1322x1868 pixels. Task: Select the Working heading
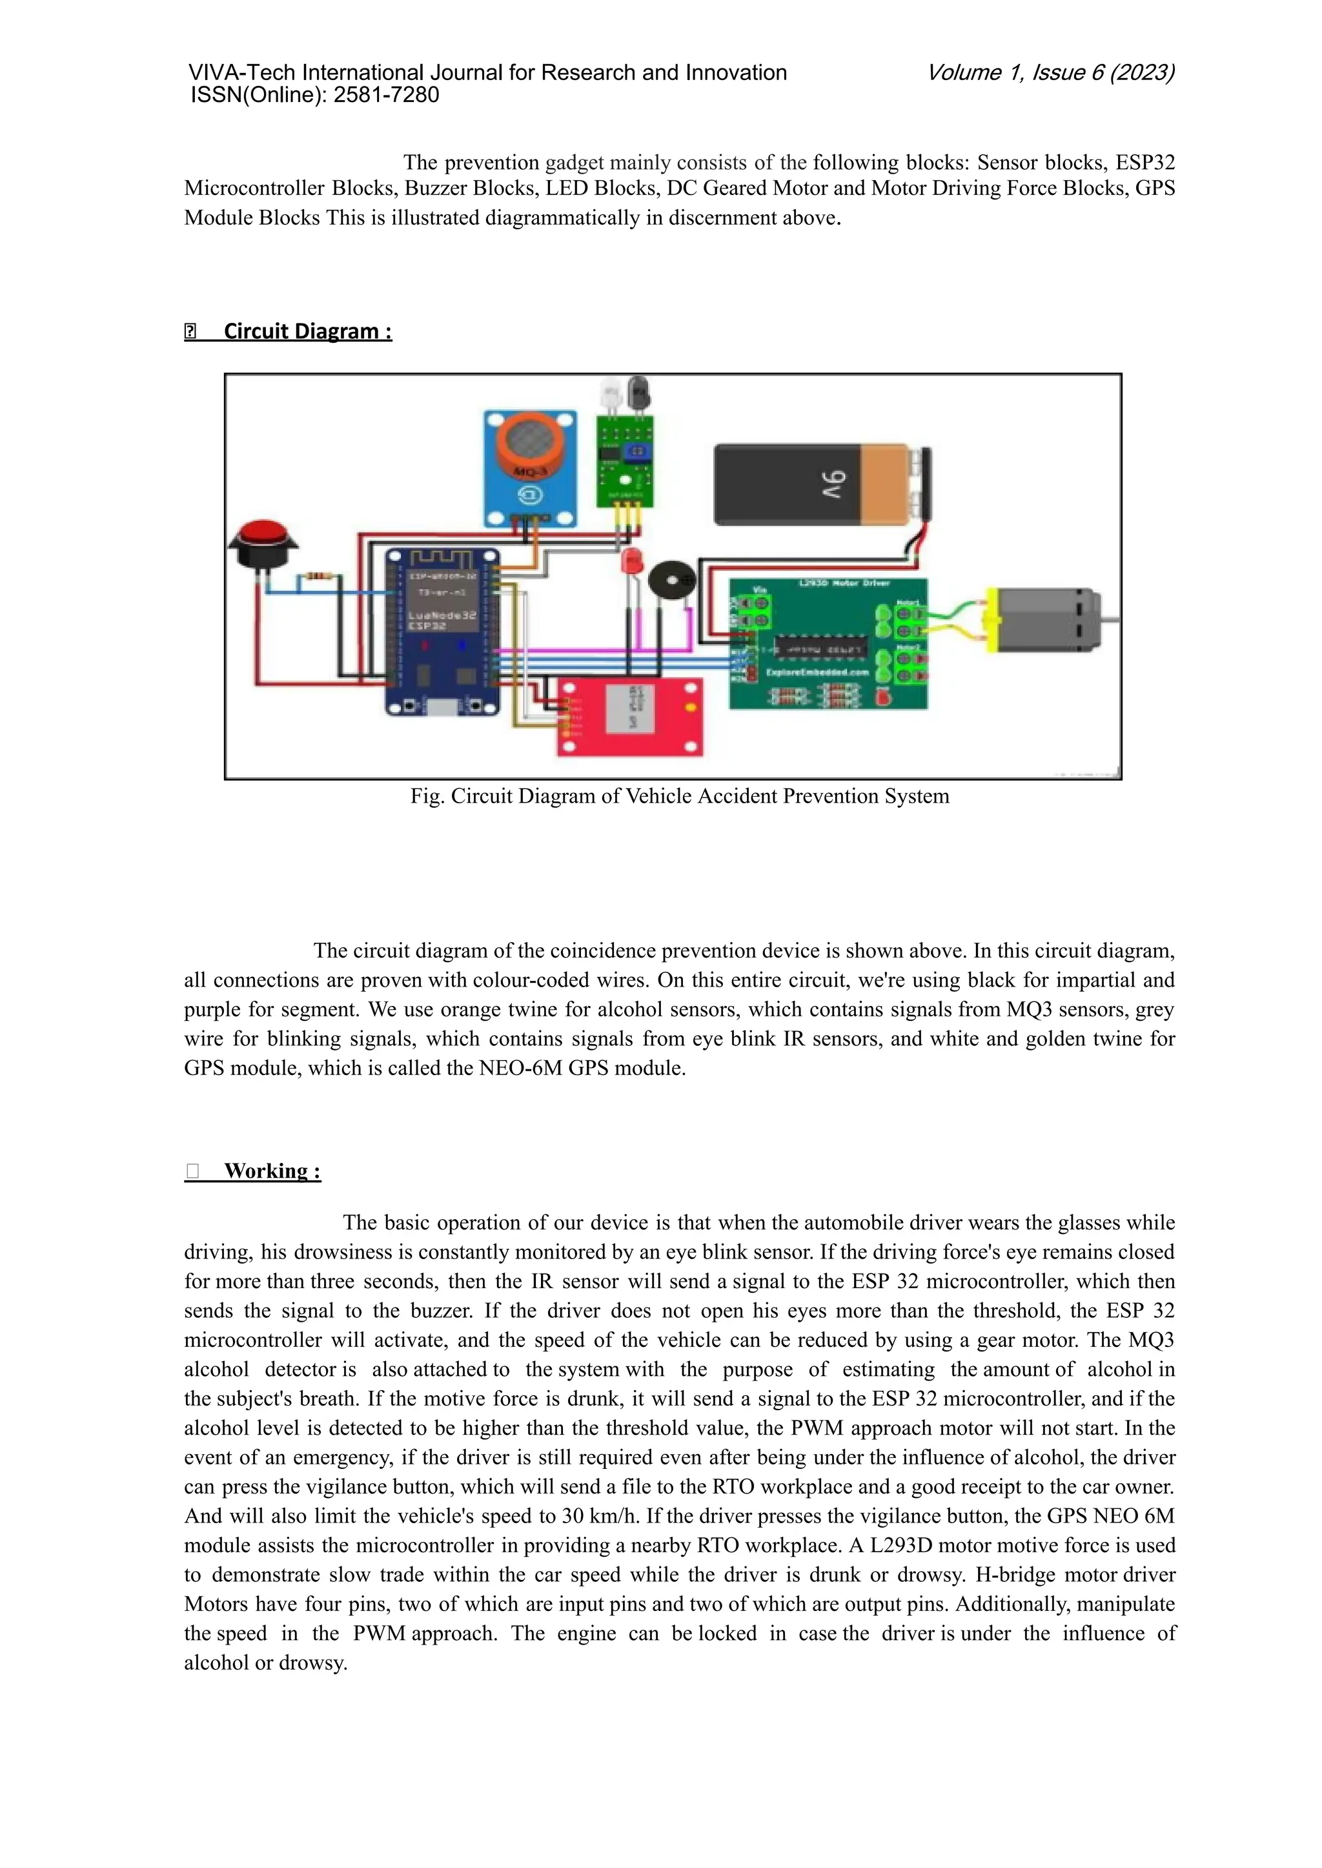(272, 1170)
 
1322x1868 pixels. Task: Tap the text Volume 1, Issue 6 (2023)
(1050, 72)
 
